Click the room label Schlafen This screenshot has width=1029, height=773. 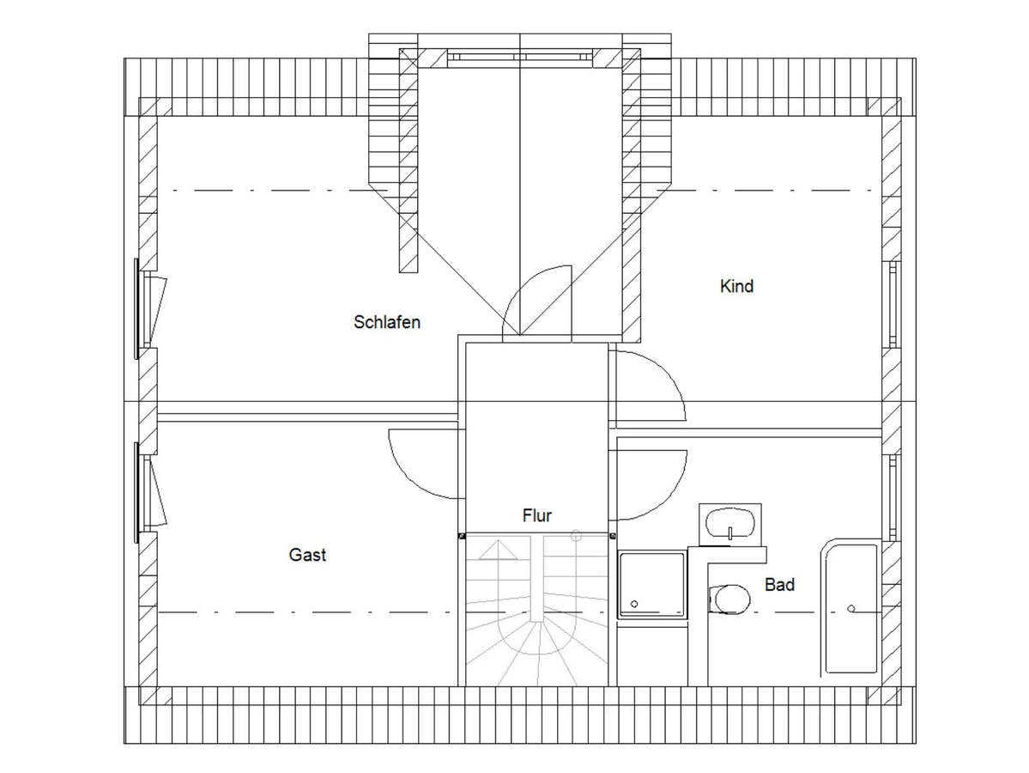[x=386, y=322]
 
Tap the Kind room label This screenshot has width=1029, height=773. [x=736, y=286]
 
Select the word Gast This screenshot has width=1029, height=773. [x=307, y=555]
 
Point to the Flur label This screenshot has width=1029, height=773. [x=536, y=515]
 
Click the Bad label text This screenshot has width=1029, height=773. [x=779, y=585]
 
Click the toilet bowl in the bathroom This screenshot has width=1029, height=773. [x=729, y=599]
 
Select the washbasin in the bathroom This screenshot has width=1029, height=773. [x=729, y=524]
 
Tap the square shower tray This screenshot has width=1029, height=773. [x=651, y=585]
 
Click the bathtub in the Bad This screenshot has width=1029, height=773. [x=850, y=607]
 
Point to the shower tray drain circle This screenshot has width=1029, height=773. [x=634, y=604]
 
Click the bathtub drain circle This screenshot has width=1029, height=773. [x=851, y=609]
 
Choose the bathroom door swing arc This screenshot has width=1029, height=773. [x=666, y=496]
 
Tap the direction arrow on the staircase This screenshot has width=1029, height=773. [x=499, y=550]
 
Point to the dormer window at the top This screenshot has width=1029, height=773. [x=520, y=58]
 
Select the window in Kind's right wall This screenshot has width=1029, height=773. [x=893, y=304]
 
